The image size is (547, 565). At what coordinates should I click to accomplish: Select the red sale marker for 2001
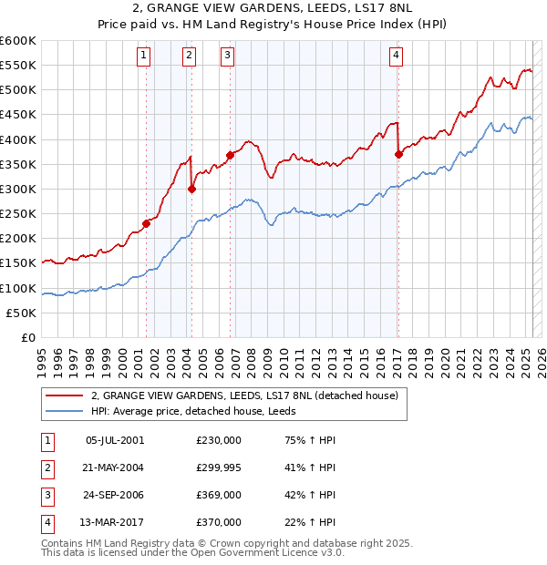tap(146, 223)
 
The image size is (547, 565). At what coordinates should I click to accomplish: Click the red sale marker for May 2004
tap(192, 189)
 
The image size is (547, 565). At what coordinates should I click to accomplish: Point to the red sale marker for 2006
tap(230, 155)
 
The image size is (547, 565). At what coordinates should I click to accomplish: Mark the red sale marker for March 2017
tap(398, 154)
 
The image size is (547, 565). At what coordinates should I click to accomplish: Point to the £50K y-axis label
tap(22, 313)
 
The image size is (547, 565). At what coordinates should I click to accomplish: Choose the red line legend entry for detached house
tap(244, 395)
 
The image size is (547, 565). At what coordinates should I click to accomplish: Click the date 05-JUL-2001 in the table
tap(114, 439)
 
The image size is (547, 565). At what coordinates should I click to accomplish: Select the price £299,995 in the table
tap(218, 467)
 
